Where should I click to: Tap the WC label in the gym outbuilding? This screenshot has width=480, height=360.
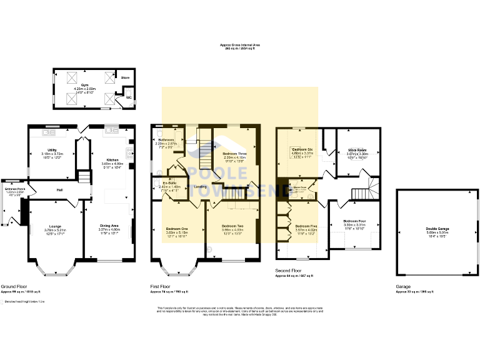(x=128, y=97)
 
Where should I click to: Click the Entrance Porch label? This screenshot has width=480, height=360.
(x=15, y=188)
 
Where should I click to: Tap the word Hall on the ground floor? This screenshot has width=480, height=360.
(x=60, y=190)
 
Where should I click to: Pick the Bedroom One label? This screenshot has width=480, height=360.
(x=177, y=229)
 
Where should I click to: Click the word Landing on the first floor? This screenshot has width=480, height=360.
(x=200, y=187)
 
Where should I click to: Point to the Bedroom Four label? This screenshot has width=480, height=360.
(x=354, y=221)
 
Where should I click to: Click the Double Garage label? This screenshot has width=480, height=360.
(x=438, y=229)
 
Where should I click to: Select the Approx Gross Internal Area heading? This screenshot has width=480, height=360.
(x=241, y=45)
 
